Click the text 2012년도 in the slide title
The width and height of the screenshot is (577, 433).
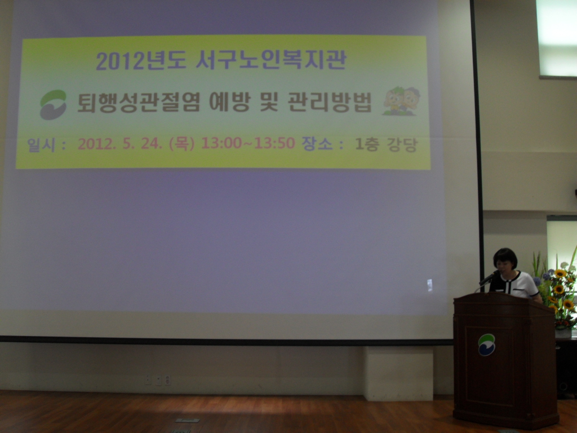141,61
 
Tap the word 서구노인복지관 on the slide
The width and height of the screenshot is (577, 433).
271,59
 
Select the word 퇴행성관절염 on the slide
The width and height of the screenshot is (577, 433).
139,103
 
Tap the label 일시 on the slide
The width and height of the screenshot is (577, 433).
41,144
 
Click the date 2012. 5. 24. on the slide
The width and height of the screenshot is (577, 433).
119,144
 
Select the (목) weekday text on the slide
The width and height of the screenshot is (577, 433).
181,143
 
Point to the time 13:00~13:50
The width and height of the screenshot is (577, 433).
248,143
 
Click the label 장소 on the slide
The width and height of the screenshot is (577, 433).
317,143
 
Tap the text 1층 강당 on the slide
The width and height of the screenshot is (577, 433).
386,144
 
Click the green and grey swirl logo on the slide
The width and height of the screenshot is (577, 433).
54,104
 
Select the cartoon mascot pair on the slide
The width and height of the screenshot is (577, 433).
401,101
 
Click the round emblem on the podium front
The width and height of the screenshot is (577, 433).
486,344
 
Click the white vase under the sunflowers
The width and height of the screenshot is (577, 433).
563,333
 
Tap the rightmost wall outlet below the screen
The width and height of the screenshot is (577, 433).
167,380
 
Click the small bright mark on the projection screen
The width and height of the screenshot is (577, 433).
429,285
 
